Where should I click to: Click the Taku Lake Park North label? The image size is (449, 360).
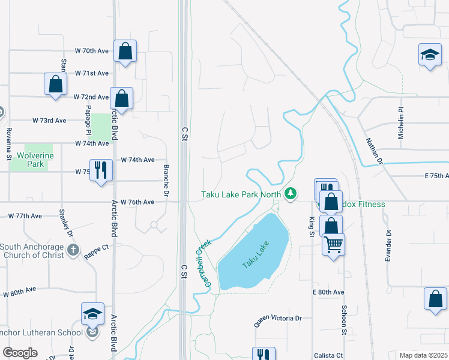tap(242, 194)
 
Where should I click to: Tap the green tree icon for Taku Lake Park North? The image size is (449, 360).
tap(291, 193)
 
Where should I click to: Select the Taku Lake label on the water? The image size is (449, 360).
tap(256, 255)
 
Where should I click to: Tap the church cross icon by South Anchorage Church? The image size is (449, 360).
tap(73, 250)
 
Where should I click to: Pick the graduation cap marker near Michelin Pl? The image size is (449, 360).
tap(429, 56)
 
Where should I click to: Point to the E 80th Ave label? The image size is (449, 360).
tap(328, 292)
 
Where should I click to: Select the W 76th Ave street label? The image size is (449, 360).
tap(137, 202)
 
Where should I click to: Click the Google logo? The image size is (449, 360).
tap(20, 353)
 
